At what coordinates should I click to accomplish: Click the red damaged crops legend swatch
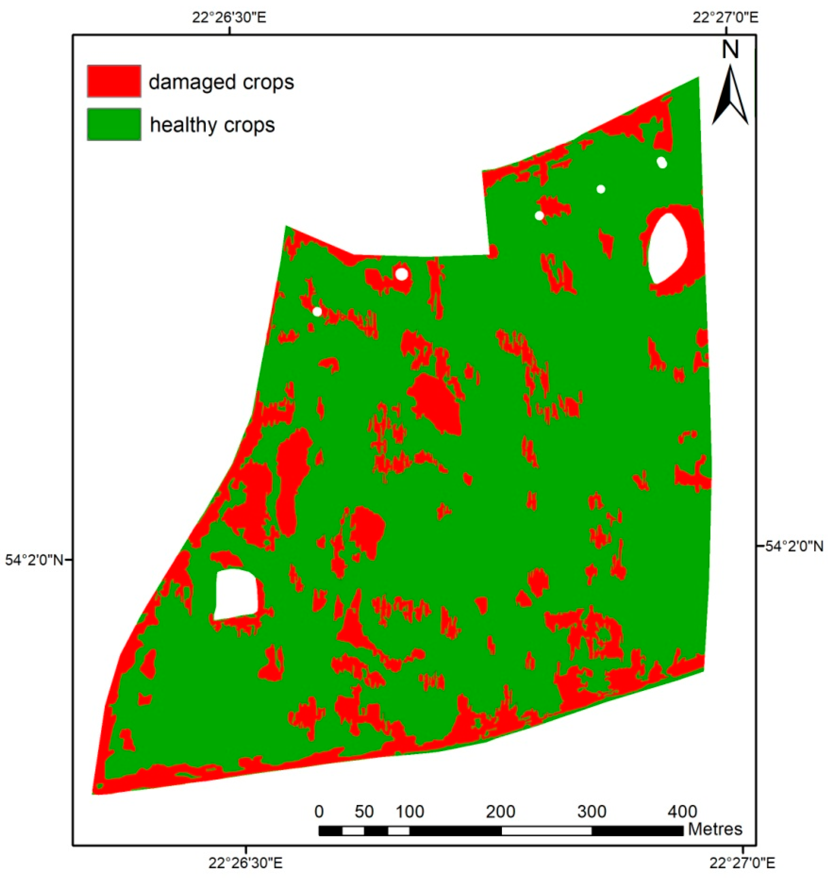(x=114, y=81)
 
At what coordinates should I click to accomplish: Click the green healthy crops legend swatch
(x=114, y=124)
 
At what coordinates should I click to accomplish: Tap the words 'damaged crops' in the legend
(x=221, y=82)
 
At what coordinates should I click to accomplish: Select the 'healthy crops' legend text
(x=212, y=125)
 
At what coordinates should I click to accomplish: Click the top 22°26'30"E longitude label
(x=229, y=18)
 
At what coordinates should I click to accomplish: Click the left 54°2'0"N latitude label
(x=35, y=560)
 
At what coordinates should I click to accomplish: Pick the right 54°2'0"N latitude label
(x=794, y=546)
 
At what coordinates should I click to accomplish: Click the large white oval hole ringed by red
(x=668, y=248)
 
